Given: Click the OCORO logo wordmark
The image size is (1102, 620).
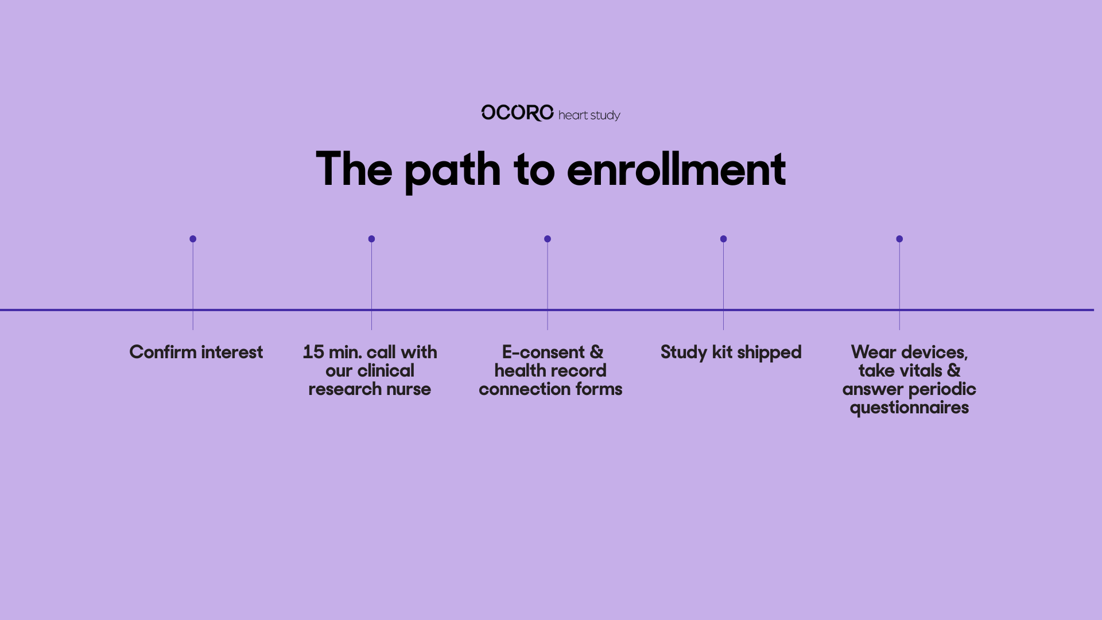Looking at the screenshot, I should tap(517, 113).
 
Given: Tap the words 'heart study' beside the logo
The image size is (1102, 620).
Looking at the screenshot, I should tap(589, 115).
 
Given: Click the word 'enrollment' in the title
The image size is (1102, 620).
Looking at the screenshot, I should tap(676, 169).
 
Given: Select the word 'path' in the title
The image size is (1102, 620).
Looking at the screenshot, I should tap(452, 170).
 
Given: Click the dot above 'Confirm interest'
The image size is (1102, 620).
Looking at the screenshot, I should tap(193, 239).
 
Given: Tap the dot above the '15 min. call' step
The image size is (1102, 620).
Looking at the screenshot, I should tap(371, 239).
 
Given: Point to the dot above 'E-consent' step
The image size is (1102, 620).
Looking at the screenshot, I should tap(548, 239).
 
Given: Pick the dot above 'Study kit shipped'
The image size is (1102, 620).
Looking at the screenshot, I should tap(723, 239).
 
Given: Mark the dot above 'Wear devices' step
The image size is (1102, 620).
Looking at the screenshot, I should tap(899, 239).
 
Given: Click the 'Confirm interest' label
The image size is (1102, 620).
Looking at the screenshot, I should tap(196, 352).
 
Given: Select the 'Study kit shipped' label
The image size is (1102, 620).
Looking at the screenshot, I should tap(731, 352).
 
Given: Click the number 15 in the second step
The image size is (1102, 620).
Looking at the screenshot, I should tap(313, 352).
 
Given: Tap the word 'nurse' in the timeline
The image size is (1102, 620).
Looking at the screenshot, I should tap(408, 389).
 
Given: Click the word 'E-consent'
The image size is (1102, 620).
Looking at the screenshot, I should tap(543, 352).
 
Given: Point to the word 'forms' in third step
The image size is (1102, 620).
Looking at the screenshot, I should tap(599, 389).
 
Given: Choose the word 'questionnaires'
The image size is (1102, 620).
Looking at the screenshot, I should tap(909, 408).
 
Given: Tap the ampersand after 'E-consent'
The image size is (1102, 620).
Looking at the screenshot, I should tap(596, 352).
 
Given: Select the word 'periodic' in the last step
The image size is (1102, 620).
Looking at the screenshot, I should tap(942, 390).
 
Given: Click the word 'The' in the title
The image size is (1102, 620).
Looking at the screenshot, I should tap(354, 169).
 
